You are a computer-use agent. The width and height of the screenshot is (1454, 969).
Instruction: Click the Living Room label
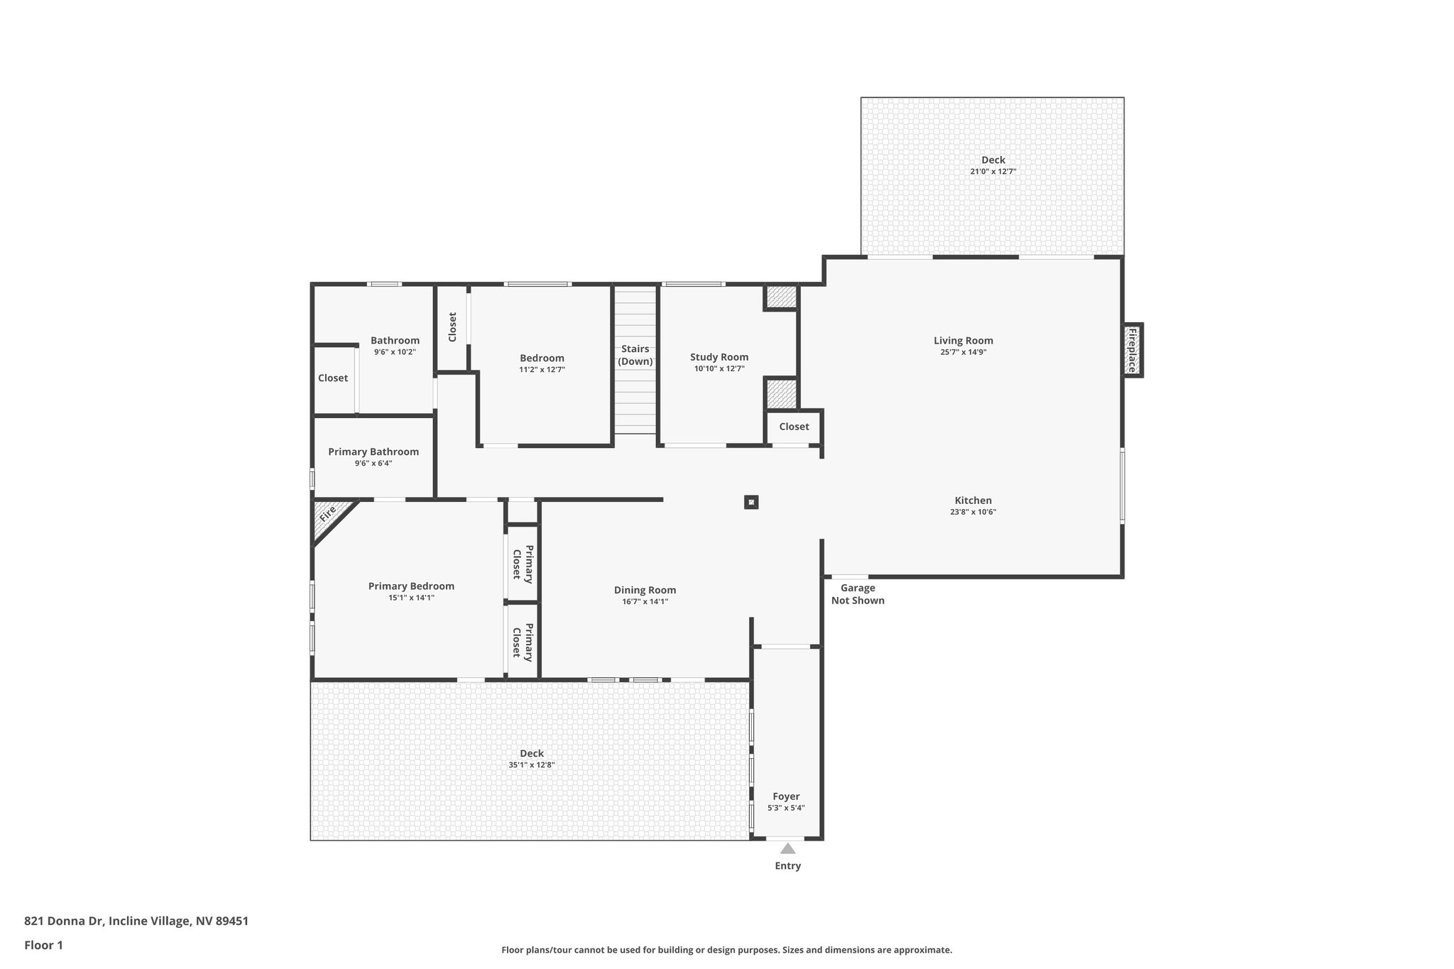pyautogui.click(x=963, y=341)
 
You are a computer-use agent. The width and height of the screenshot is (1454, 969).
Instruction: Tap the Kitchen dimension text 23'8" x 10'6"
pyautogui.click(x=973, y=512)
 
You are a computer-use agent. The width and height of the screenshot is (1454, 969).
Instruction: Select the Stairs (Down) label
pyautogui.click(x=635, y=355)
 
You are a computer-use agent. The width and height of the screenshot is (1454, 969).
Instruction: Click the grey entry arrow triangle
pyautogui.click(x=787, y=848)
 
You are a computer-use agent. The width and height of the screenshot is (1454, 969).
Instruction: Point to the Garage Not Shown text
pyautogui.click(x=858, y=594)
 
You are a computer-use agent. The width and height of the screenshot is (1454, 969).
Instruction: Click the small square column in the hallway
pyautogui.click(x=751, y=503)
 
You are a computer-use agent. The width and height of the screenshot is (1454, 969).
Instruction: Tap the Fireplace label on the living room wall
pyautogui.click(x=1132, y=350)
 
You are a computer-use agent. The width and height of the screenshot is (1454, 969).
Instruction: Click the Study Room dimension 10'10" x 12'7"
pyautogui.click(x=719, y=368)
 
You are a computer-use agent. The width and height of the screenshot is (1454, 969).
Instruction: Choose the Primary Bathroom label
pyautogui.click(x=373, y=451)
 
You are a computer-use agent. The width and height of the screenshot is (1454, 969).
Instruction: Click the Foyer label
pyautogui.click(x=786, y=796)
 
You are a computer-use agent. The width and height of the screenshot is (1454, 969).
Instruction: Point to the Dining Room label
pyautogui.click(x=645, y=590)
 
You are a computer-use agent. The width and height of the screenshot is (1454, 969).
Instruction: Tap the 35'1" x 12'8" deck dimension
pyautogui.click(x=531, y=765)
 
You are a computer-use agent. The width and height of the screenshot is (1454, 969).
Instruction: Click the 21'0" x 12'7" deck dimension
pyautogui.click(x=993, y=172)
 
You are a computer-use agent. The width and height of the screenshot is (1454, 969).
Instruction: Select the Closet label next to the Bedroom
pyautogui.click(x=452, y=327)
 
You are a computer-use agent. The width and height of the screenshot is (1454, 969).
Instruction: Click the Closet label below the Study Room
pyautogui.click(x=794, y=427)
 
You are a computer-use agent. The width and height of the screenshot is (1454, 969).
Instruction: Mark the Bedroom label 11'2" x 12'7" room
pyautogui.click(x=542, y=358)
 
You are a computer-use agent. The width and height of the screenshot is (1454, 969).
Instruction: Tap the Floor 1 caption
pyautogui.click(x=43, y=945)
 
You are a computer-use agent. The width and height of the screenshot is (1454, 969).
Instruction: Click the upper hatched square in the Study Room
pyautogui.click(x=781, y=297)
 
